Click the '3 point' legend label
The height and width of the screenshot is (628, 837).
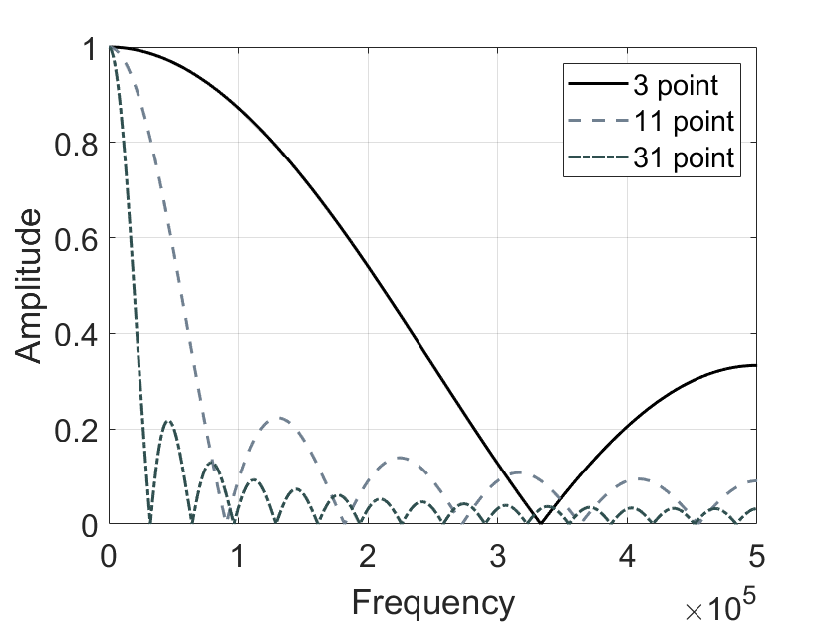click(676, 84)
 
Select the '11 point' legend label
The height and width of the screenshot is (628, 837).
click(683, 122)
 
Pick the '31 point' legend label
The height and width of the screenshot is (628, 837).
click(683, 158)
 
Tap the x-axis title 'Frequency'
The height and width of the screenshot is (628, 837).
click(432, 602)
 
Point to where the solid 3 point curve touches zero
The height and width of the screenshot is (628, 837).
click(540, 523)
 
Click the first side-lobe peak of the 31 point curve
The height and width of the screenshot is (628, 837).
click(168, 421)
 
